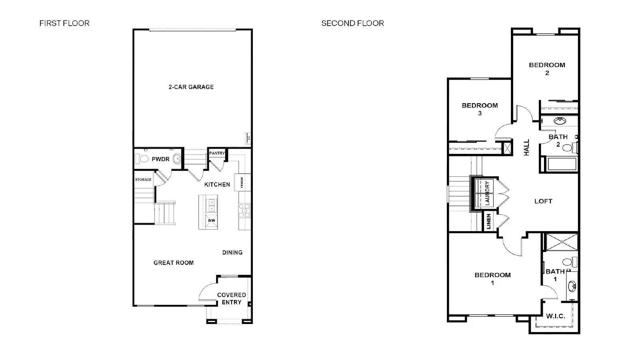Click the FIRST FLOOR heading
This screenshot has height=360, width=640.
[x=64, y=23]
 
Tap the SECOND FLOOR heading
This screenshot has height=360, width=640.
[x=352, y=23]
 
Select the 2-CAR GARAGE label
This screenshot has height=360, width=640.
[x=191, y=87]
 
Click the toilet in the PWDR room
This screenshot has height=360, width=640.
[x=144, y=159]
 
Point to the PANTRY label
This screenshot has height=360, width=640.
[x=217, y=153]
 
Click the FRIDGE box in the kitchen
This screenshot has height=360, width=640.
[x=242, y=182]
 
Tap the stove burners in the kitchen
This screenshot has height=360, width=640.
[x=244, y=210]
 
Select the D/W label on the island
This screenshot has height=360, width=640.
[x=212, y=220]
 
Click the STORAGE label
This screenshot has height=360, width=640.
[x=143, y=180]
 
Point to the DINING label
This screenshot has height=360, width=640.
[x=232, y=252]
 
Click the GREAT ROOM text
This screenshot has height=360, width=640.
[x=174, y=263]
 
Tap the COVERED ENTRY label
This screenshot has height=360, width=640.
[x=231, y=298]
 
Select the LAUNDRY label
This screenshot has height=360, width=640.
[x=487, y=193]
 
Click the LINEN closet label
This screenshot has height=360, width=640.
[x=489, y=222]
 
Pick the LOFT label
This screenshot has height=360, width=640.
[x=543, y=201]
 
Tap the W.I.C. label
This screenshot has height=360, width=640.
[x=556, y=316]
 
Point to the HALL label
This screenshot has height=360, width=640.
[x=526, y=147]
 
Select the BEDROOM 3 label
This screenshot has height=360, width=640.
[x=480, y=109]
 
